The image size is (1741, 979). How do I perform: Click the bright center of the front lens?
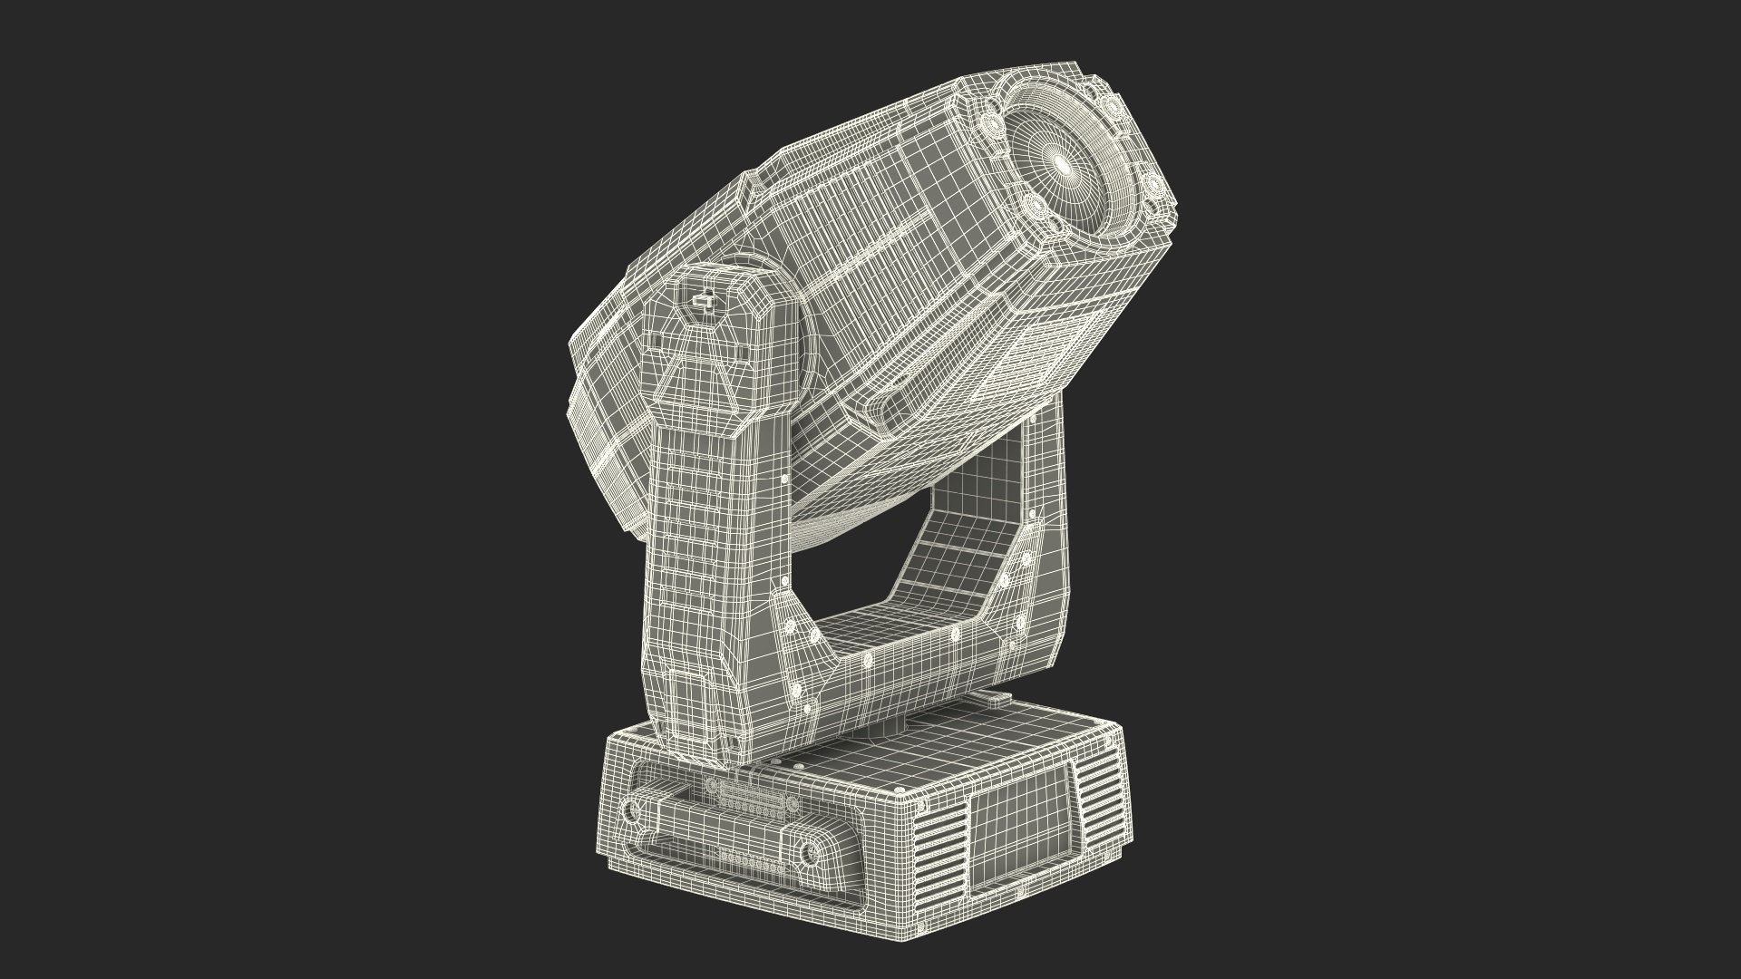pos(1062,163)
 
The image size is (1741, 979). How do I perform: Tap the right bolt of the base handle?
pos(805,851)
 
